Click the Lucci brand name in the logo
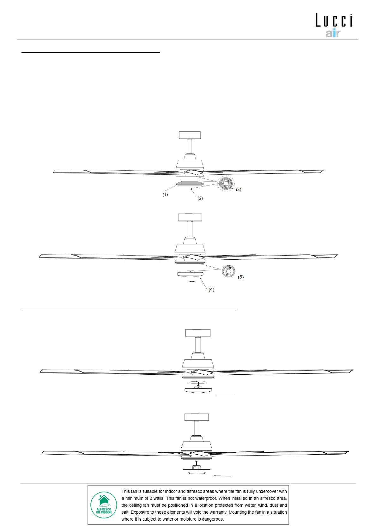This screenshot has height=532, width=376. [x=334, y=21]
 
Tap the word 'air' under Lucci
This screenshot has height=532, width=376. [x=333, y=33]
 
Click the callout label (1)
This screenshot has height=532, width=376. [x=165, y=195]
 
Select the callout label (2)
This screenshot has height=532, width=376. [x=200, y=198]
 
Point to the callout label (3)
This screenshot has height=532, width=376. [x=239, y=190]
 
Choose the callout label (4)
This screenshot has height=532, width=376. [x=211, y=289]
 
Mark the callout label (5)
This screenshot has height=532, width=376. [x=241, y=277]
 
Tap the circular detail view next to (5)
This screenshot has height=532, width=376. [x=229, y=271]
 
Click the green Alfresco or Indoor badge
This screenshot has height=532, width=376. [x=104, y=505]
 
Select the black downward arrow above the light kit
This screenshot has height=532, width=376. [x=198, y=384]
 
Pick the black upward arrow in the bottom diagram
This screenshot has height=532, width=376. [x=196, y=462]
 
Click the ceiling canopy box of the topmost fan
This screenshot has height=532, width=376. [x=190, y=135]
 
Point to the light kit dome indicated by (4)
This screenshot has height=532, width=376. [x=191, y=274]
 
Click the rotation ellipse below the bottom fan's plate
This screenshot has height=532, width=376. [x=197, y=473]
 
